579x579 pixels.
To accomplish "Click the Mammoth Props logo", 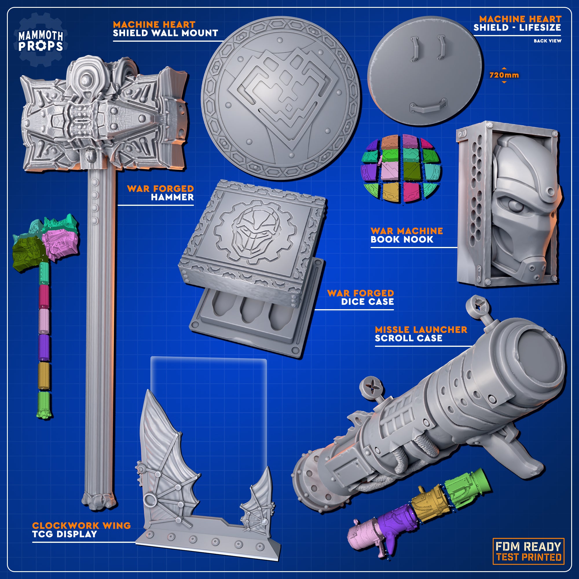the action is [x=41, y=40].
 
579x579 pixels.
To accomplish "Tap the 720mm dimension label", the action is [x=504, y=75].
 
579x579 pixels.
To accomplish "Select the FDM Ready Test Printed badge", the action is [x=528, y=551].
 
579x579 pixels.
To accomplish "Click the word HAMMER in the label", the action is [x=172, y=197].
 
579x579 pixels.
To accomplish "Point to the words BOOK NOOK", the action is [x=402, y=239].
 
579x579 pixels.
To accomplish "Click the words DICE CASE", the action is [x=367, y=302].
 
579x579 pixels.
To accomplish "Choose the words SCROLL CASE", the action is [x=408, y=338].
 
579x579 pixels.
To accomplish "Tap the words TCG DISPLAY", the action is [x=65, y=534].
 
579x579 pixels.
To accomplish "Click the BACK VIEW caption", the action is [x=547, y=41].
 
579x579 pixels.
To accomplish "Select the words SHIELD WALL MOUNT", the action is [x=165, y=33].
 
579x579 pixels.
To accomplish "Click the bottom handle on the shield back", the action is [x=428, y=107].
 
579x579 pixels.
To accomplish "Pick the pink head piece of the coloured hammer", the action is [x=60, y=243].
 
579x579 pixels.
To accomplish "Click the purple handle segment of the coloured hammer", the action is [x=44, y=348].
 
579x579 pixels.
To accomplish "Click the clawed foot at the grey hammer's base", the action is [x=99, y=501].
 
